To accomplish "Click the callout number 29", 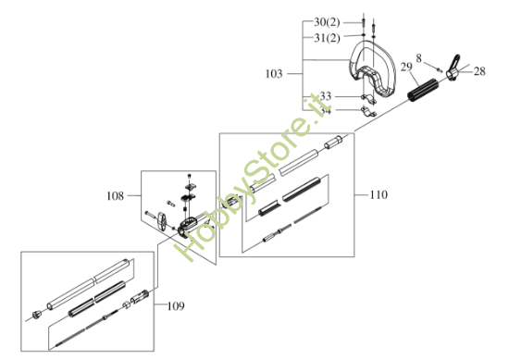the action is pyautogui.click(x=407, y=66).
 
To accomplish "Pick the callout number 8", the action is pyautogui.click(x=419, y=57).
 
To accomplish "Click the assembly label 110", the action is pyautogui.click(x=377, y=195).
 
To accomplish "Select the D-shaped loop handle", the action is pyautogui.click(x=374, y=74).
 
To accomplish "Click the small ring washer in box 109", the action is pyautogui.click(x=128, y=304).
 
